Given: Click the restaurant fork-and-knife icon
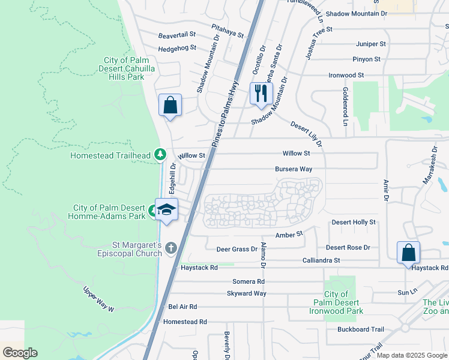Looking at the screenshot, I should click(261, 94).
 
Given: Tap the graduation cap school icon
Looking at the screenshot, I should click(166, 210).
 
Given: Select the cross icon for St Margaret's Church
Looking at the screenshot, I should click(171, 248).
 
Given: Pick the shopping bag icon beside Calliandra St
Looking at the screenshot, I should click(408, 253).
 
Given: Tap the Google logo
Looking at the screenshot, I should click(20, 352).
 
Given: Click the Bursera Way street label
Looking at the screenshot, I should click(294, 169).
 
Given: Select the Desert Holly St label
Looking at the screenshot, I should click(354, 222).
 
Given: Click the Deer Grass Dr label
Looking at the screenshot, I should click(237, 248).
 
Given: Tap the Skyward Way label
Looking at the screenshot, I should click(247, 293).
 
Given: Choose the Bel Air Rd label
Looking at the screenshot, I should click(182, 307).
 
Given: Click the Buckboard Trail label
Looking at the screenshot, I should click(360, 329).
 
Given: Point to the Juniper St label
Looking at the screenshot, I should click(370, 44).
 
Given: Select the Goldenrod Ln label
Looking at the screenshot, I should click(345, 107).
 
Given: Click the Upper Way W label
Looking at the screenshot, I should click(98, 298).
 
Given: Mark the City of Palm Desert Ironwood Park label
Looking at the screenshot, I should click(344, 302).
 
